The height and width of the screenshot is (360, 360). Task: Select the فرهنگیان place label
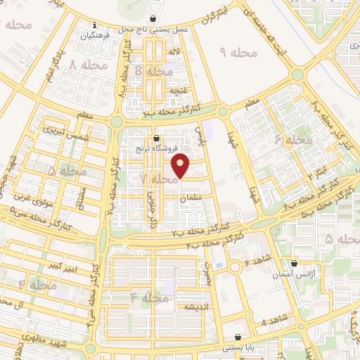click(97, 34)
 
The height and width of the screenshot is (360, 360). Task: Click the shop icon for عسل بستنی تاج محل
click(153, 20)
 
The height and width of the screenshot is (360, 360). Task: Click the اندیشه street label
click(193, 308)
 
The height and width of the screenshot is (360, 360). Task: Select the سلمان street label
click(191, 200)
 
